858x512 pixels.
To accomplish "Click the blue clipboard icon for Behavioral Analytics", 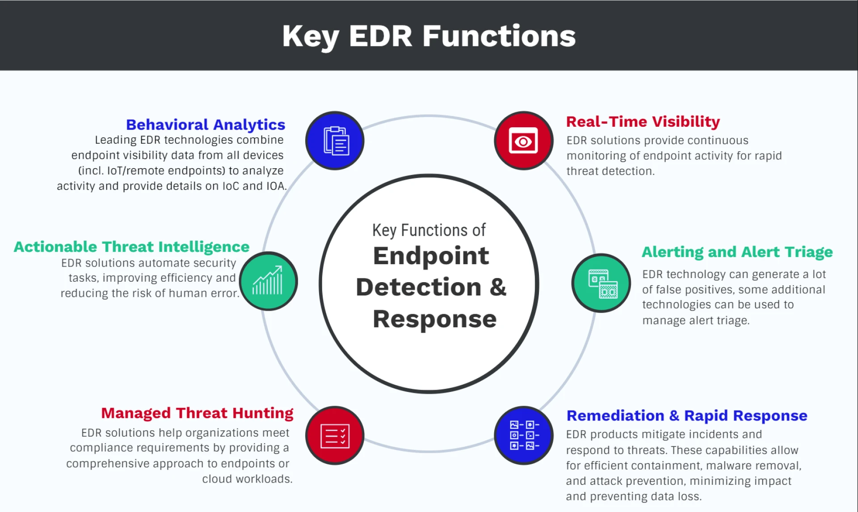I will (x=335, y=141).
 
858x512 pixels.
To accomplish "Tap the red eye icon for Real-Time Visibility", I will (x=523, y=141).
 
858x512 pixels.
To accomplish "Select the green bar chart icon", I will (x=269, y=281).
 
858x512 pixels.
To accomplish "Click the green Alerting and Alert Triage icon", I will (x=601, y=283).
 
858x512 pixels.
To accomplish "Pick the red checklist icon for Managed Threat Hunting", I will (x=335, y=435).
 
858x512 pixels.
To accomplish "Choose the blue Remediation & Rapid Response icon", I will (x=524, y=435).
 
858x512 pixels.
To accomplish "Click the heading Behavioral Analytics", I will (x=206, y=125).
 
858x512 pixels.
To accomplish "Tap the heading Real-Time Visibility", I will (x=643, y=121).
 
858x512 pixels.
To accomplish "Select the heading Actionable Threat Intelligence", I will (x=131, y=247).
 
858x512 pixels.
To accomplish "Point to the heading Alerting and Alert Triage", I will (x=737, y=252).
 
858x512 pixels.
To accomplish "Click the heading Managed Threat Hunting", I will (x=197, y=413).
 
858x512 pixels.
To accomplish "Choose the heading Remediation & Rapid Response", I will (x=687, y=416).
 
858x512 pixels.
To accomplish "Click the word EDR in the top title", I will (x=380, y=36).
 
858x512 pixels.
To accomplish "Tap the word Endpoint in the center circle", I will (x=431, y=256).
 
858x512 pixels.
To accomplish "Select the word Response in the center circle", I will (x=434, y=319).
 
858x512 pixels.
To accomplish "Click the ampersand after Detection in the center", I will (x=498, y=287).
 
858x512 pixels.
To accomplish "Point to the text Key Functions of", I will (x=429, y=230).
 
